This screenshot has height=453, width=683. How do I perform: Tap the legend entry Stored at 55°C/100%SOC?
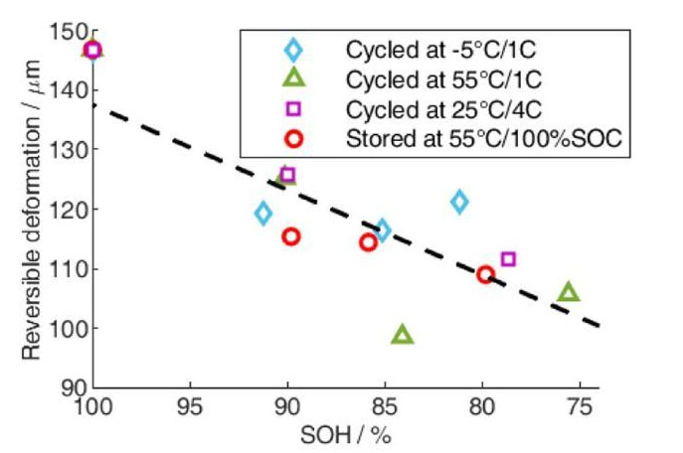483,140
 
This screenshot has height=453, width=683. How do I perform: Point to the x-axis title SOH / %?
344,435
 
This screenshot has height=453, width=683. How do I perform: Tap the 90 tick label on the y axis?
72,387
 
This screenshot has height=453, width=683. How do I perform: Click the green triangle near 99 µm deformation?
403,335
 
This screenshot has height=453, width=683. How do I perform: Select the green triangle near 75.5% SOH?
569,292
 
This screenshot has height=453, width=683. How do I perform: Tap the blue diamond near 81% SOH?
458,203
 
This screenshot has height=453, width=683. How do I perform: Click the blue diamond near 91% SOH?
262,213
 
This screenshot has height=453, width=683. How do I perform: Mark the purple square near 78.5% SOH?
508,259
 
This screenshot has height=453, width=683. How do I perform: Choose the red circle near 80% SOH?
485,274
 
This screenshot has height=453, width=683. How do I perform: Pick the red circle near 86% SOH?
368,242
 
